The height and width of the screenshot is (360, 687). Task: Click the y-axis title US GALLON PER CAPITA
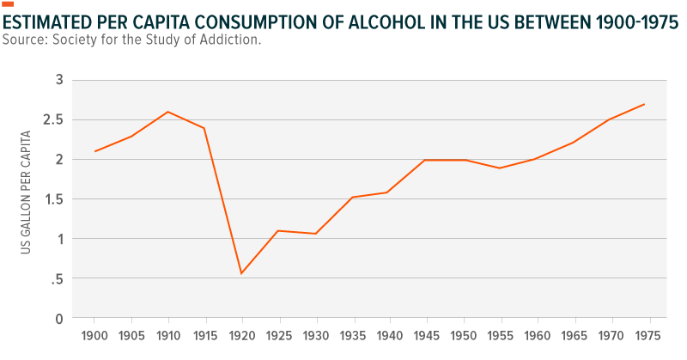point(26,192)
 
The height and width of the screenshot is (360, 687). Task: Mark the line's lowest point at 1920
point(241,273)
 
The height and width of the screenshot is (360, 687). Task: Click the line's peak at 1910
point(168,112)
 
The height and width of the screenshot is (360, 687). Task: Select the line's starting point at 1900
point(95,151)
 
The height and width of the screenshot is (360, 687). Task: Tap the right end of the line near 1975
point(644,104)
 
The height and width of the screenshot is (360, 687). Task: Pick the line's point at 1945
point(424,160)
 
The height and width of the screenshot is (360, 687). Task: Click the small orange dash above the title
point(8,4)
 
